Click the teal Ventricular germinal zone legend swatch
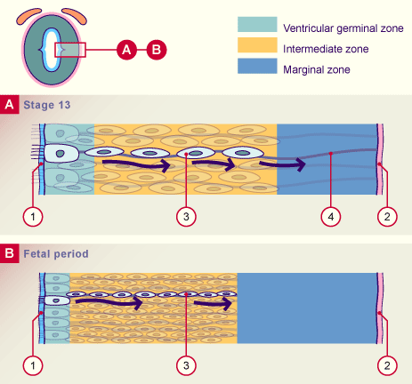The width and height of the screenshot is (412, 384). pos(257,24)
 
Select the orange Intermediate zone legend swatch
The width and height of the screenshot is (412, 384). pos(257,45)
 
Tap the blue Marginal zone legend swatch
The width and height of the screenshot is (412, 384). pos(257,66)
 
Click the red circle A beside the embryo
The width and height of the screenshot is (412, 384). pos(126,50)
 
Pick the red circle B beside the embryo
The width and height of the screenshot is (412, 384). pos(157,50)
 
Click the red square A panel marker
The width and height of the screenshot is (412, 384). pos(10,104)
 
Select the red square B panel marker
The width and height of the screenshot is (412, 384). pos(10,253)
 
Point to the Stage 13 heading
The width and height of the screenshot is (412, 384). pos(47,105)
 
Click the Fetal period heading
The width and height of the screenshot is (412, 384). pos(56,254)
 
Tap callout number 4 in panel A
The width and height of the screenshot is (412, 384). pos(331,217)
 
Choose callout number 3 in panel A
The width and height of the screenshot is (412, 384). pos(186,217)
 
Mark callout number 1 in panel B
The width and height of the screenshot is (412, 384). pos(33,365)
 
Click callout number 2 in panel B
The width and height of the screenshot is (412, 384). pos(387,365)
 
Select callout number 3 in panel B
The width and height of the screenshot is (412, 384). pos(186,365)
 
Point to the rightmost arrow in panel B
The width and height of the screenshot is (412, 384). pos(214,304)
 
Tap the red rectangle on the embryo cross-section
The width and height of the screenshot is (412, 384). pos(70,50)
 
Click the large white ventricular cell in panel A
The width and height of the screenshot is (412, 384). pos(61,153)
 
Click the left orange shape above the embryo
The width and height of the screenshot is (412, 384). pos(28,16)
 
